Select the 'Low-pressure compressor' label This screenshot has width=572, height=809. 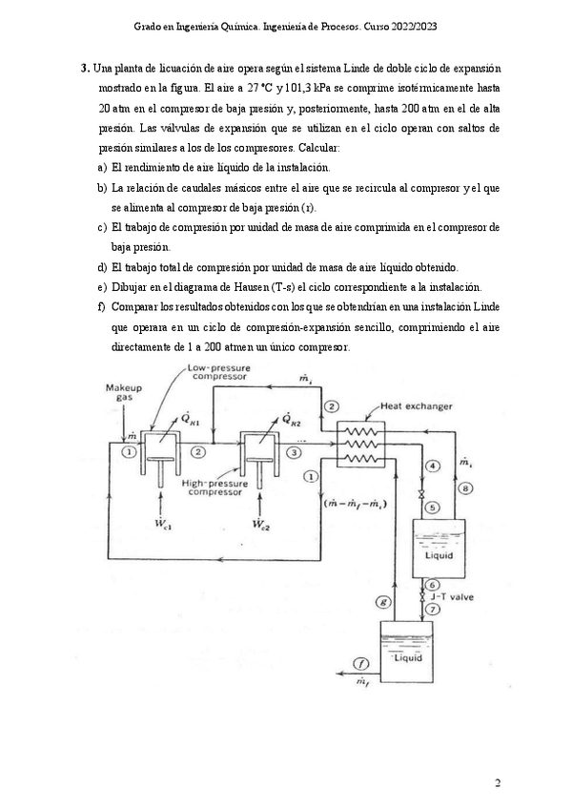[217, 371]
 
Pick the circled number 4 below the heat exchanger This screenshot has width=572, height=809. [431, 465]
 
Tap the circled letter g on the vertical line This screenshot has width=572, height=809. [383, 602]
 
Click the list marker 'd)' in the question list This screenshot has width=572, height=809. [102, 267]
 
